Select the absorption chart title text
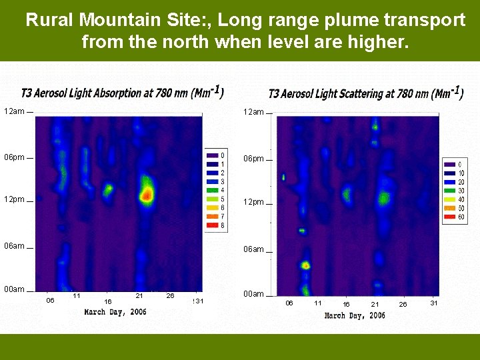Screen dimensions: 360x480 (122, 93)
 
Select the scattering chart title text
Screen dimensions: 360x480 (365, 94)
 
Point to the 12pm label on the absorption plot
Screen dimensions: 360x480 (15, 199)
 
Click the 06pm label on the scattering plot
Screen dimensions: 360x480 (253, 159)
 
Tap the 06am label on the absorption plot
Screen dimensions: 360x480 (15, 245)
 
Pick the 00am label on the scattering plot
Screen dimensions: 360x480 (253, 294)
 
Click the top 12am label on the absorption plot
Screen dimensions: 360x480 (15, 111)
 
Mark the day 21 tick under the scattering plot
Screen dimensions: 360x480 (375, 305)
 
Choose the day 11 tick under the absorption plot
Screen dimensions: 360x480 (77, 295)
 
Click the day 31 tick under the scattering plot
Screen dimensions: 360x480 (434, 303)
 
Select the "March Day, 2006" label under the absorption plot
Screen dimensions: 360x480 (115, 312)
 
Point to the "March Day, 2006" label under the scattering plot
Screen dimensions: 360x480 (354, 315)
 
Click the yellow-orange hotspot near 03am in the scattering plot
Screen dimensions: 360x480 (305, 265)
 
